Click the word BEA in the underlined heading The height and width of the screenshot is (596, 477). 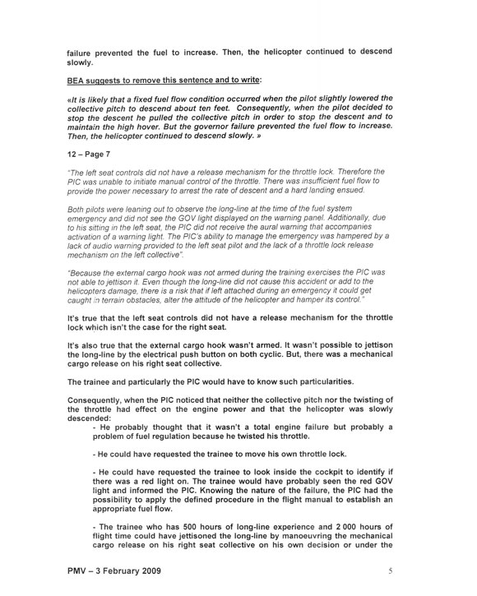77,80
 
